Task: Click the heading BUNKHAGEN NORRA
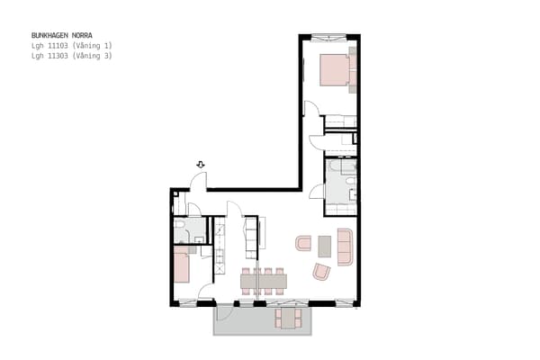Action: click(61, 35)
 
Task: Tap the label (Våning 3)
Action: click(92, 56)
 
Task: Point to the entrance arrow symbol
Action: click(201, 165)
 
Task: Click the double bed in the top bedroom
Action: click(335, 69)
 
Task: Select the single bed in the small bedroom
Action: click(182, 265)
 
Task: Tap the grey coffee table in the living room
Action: click(324, 247)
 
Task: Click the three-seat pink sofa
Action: click(345, 247)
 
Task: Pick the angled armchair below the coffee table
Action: click(321, 272)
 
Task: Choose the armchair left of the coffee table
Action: click(303, 243)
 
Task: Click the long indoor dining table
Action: click(264, 281)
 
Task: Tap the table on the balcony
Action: click(289, 319)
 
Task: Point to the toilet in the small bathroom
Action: click(179, 225)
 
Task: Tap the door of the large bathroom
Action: click(316, 191)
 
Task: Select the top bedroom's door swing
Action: click(310, 107)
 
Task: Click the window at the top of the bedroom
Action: click(328, 37)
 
